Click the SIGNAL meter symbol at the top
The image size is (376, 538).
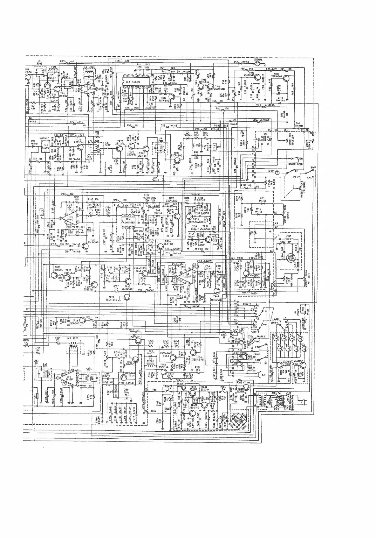[x=257, y=63]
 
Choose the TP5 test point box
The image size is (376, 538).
[x=41, y=211]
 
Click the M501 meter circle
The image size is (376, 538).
[x=277, y=173]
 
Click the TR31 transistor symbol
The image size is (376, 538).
[x=85, y=245]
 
